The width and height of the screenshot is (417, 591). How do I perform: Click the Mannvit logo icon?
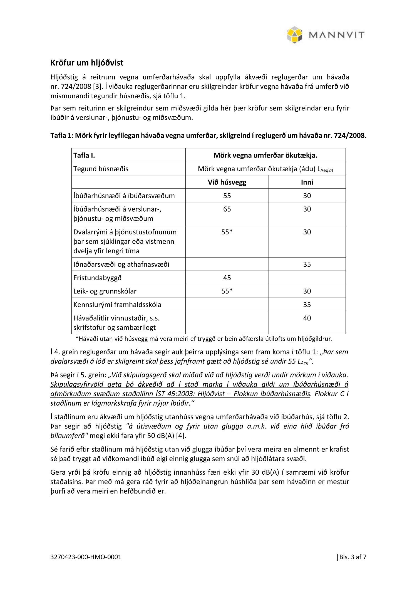click(x=295, y=35)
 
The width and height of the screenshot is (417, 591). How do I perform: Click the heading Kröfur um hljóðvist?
click(x=87, y=63)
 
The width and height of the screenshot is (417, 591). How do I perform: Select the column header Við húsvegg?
click(x=227, y=182)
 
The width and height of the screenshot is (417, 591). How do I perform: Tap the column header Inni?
click(x=307, y=182)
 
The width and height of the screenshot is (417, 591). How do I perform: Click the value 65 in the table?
click(x=227, y=209)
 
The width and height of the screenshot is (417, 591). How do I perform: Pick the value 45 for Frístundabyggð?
click(x=227, y=278)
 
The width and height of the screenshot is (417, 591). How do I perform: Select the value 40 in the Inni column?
click(x=307, y=318)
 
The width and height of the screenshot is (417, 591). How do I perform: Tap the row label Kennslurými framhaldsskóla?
click(x=117, y=305)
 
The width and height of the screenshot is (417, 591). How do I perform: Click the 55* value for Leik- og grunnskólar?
click(x=227, y=291)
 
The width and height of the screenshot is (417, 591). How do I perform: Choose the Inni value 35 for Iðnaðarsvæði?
click(x=307, y=264)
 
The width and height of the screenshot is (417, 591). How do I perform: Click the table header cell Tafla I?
click(x=84, y=155)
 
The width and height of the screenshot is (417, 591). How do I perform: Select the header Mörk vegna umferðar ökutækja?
click(x=265, y=155)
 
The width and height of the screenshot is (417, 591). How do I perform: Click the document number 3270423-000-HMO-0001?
click(x=86, y=557)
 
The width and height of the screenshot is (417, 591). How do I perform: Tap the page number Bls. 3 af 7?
click(x=353, y=557)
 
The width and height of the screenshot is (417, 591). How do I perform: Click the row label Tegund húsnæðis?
click(x=101, y=169)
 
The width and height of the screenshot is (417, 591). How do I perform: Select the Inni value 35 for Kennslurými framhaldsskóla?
click(x=307, y=305)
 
